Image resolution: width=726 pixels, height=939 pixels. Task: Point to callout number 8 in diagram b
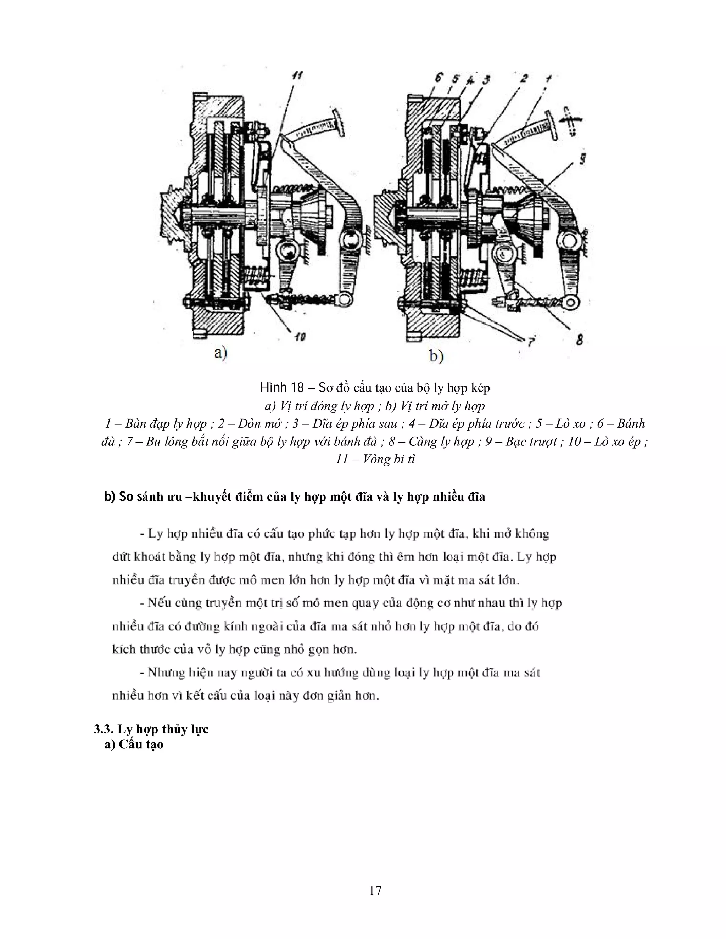[x=579, y=340]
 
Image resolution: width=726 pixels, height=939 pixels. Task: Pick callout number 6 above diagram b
[x=438, y=78]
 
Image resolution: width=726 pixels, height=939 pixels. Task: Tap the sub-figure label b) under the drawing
[x=436, y=356]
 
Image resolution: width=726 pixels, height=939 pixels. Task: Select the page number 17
[x=375, y=890]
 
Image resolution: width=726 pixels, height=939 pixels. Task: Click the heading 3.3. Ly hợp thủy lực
[x=151, y=729]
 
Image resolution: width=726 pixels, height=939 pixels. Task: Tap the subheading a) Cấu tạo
[x=134, y=744]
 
